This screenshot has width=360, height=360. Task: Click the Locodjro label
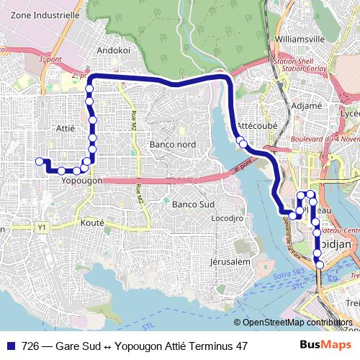[225, 217]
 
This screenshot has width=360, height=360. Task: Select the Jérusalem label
[230, 261]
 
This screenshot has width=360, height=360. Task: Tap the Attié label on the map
[65, 127]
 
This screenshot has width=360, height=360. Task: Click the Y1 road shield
[42, 228]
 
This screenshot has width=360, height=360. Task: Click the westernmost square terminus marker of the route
[40, 161]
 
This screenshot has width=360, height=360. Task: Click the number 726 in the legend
[31, 346]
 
